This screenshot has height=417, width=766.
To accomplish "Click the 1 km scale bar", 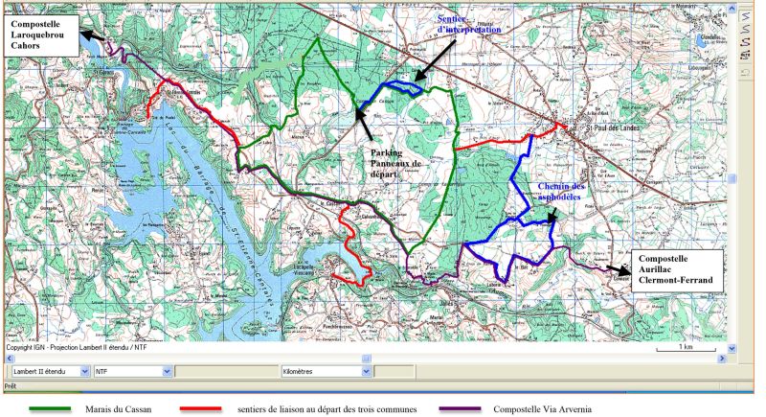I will pyautogui.click(x=686, y=350).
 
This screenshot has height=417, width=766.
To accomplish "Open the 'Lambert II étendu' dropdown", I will pyautogui.click(x=48, y=370).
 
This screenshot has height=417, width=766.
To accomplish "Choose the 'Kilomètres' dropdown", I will pyautogui.click(x=325, y=370).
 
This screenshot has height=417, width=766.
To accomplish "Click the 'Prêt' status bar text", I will pyautogui.click(x=11, y=385).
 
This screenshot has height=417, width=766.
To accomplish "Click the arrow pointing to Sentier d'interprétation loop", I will pyautogui.click(x=431, y=62).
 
